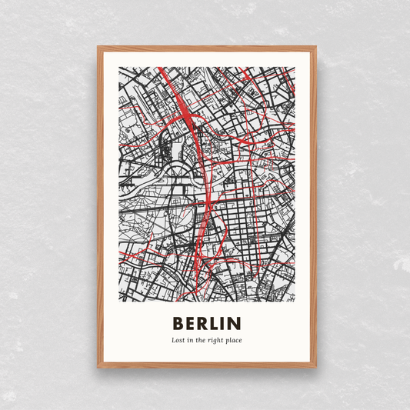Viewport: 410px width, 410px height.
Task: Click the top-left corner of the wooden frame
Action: [x=98, y=48]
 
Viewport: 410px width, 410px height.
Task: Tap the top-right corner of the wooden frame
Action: [x=315, y=48]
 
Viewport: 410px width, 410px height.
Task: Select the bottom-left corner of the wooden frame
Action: [x=98, y=366]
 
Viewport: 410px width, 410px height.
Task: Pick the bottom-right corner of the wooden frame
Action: [x=315, y=366]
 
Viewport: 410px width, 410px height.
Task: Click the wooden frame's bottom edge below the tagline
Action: [x=206, y=365]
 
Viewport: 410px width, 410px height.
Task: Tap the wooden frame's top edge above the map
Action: [x=206, y=49]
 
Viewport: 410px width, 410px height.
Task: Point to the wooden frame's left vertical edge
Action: [x=100, y=208]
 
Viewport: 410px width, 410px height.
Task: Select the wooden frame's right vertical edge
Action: [x=313, y=208]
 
